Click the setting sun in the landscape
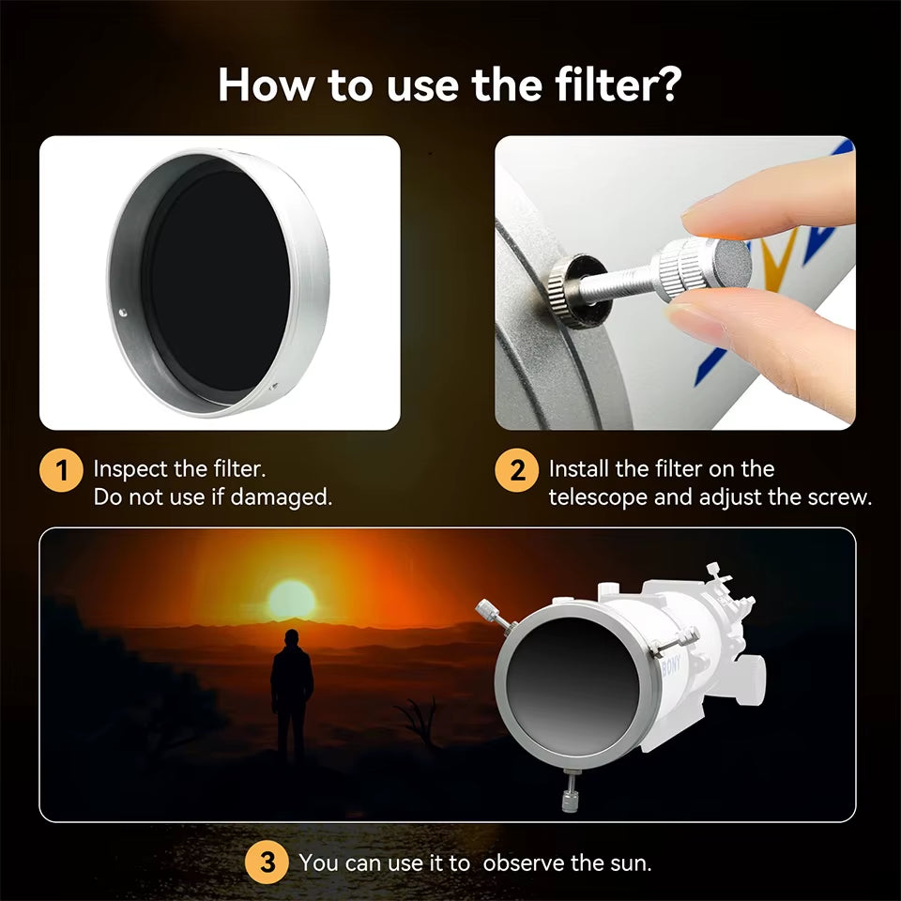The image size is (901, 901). pyautogui.click(x=291, y=600)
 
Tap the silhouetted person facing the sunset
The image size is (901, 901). pyautogui.click(x=292, y=695)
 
